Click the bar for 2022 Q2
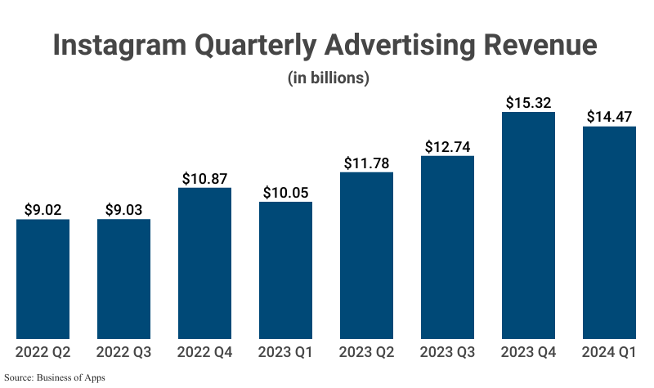click(43, 279)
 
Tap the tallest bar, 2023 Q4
click(528, 225)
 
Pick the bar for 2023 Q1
click(285, 270)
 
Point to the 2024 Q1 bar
click(609, 233)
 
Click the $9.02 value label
click(43, 209)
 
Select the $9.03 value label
click(123, 209)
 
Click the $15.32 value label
click(528, 102)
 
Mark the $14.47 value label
click(609, 117)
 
